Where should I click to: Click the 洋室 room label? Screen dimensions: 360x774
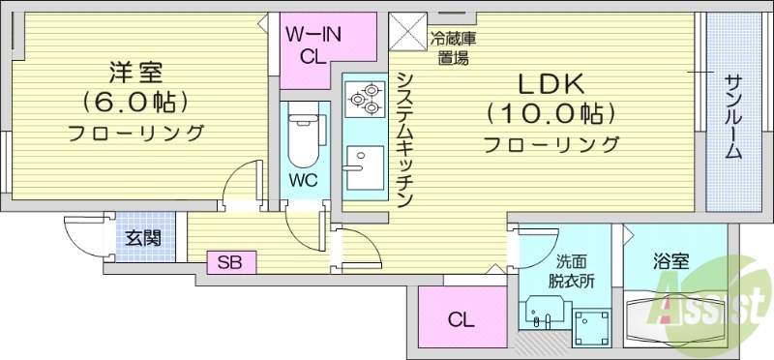pos(134,72)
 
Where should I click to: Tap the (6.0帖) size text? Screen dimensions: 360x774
pos(134,101)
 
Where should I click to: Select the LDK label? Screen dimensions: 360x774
pos(551,84)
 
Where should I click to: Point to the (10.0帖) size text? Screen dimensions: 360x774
pos(551,114)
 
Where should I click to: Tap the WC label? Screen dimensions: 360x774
pos(304,180)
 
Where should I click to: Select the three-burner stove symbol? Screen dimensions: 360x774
pos(363,98)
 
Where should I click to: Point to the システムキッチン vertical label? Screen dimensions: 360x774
pos(405,139)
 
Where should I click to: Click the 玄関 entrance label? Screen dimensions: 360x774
pos(142,238)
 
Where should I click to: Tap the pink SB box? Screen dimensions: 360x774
pos(230,260)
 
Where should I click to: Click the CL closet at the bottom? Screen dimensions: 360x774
pos(461,320)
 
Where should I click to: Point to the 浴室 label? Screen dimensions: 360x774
pos(670,260)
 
